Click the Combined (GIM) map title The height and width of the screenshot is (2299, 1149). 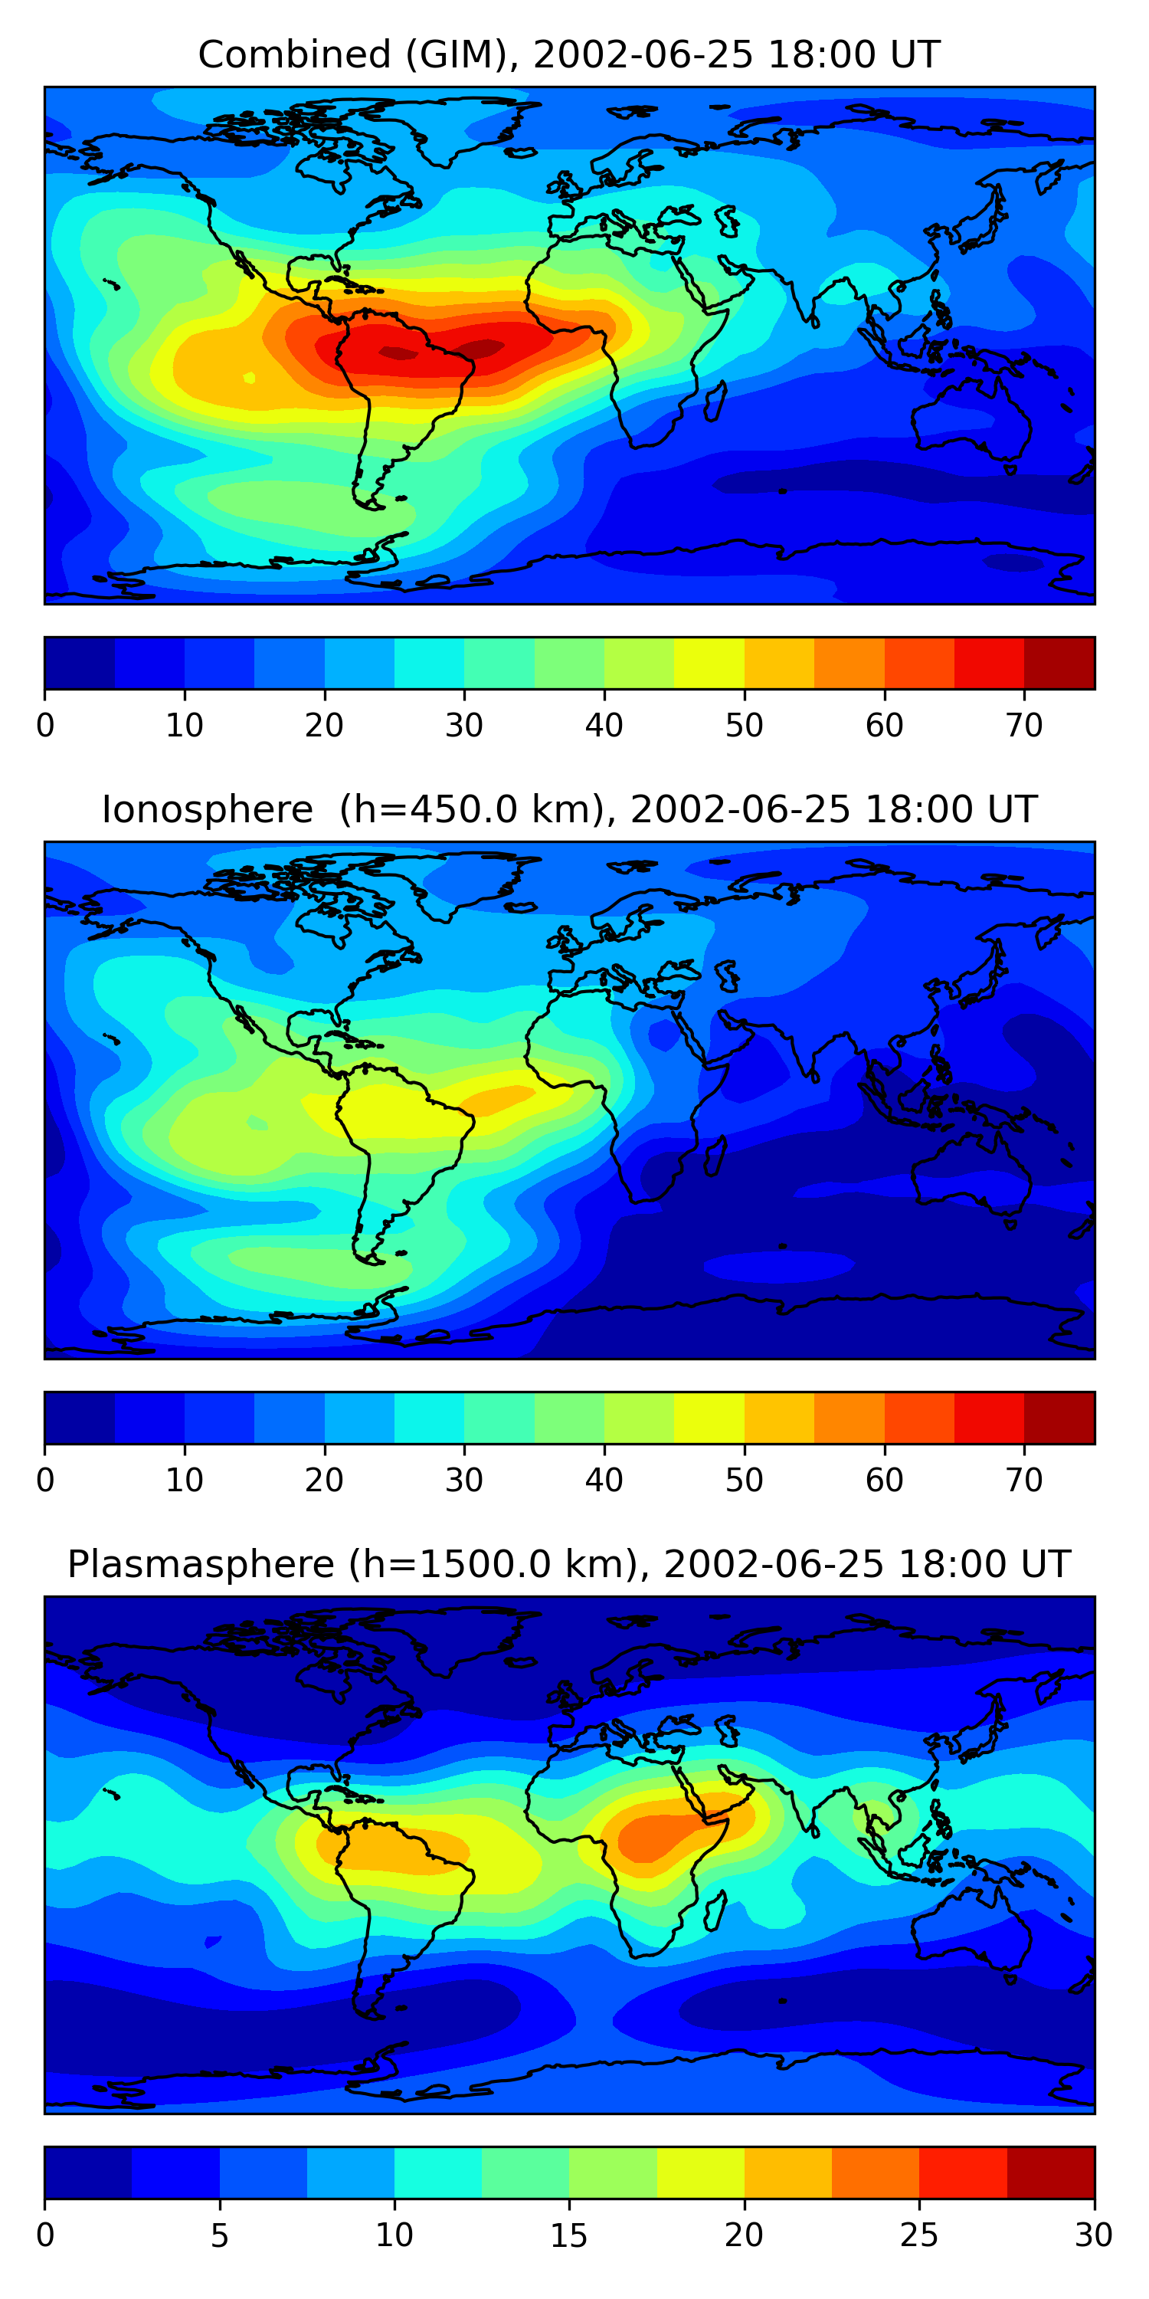[568, 55]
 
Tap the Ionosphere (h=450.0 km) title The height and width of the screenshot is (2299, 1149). [568, 810]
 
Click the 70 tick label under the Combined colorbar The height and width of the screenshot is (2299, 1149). [1023, 726]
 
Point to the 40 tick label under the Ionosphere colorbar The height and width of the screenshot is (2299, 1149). [604, 1480]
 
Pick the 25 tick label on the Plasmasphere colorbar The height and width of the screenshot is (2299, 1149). [919, 2235]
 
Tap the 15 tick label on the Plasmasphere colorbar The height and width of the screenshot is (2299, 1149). [568, 2235]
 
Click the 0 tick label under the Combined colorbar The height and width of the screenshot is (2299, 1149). [45, 726]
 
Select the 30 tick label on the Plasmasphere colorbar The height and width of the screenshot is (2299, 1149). [1093, 2235]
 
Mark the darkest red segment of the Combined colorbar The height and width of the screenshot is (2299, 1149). [1059, 663]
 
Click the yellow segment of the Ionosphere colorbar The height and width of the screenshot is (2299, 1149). [709, 1417]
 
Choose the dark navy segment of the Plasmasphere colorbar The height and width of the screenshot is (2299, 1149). [88, 2173]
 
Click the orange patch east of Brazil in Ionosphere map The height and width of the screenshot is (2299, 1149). [499, 1097]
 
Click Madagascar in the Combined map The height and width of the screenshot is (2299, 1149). [715, 402]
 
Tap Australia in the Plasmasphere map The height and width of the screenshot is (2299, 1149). [972, 1932]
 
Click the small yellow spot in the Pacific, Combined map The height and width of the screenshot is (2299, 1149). [249, 378]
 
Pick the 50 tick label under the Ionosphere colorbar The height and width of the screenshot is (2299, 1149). [744, 1480]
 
